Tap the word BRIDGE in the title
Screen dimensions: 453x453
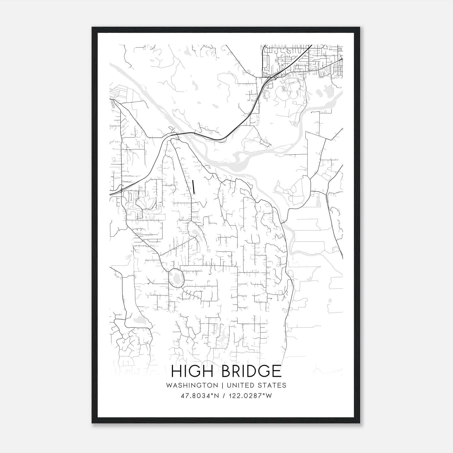[251, 371]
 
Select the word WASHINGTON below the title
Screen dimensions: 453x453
[192, 385]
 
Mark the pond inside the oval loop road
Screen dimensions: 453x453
[176, 278]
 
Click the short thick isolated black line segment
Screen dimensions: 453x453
[193, 187]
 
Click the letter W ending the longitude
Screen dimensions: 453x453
[269, 396]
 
